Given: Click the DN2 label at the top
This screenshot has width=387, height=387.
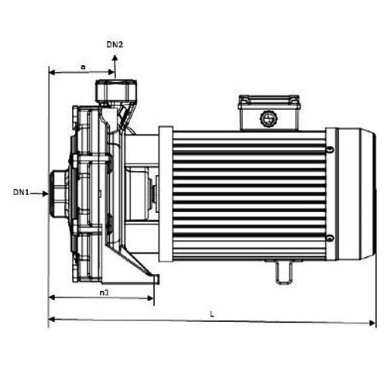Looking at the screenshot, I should tap(113, 46).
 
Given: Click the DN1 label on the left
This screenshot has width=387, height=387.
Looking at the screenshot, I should tap(21, 191).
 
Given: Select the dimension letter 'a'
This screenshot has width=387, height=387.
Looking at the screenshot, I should tap(83, 67).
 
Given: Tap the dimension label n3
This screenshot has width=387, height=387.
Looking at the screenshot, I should tap(103, 292).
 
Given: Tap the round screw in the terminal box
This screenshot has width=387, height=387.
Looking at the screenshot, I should tap(269, 118).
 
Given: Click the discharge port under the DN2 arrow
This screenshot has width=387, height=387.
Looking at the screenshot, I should tap(113, 91).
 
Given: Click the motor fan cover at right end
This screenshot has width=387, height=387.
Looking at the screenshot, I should tap(355, 191).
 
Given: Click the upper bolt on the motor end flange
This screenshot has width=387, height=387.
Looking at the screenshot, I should tap(330, 146).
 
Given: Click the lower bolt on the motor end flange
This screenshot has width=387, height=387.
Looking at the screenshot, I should tap(330, 238).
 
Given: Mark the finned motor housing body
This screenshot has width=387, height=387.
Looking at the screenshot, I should tap(248, 191).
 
